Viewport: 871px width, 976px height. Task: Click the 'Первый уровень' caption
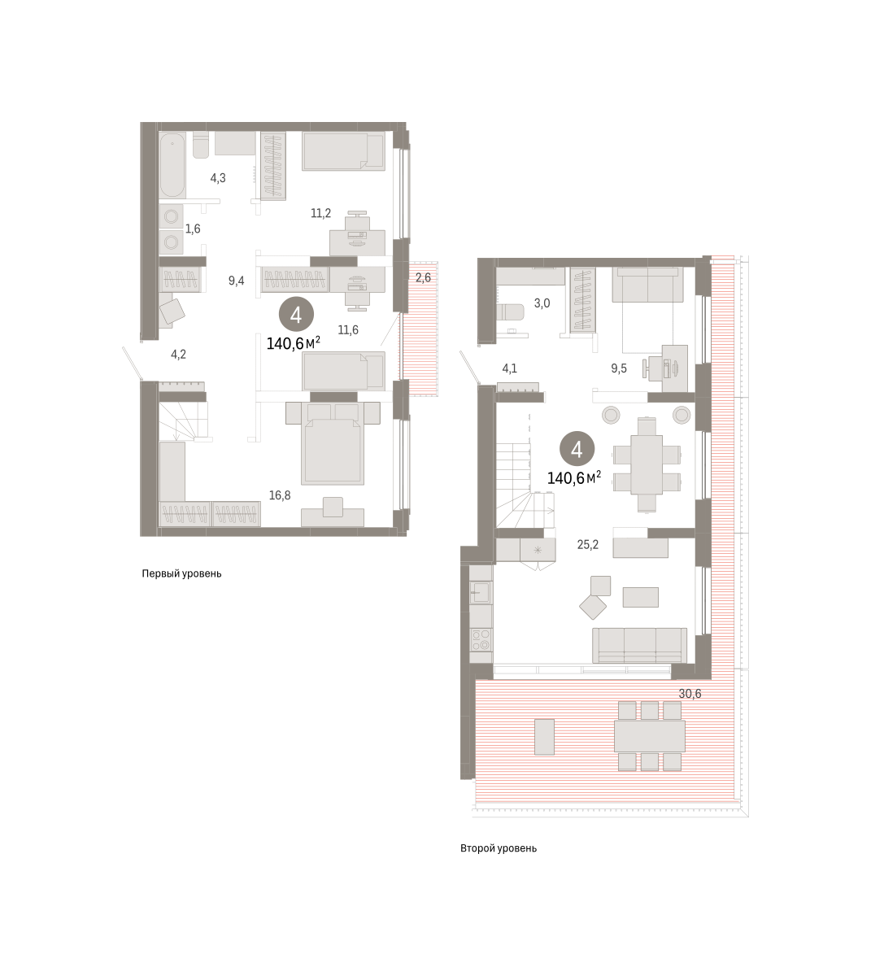[181, 573]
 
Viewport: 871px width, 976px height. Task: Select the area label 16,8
[280, 495]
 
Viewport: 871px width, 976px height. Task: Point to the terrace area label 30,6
[690, 694]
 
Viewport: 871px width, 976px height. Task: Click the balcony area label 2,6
[423, 277]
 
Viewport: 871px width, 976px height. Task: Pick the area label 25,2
[588, 544]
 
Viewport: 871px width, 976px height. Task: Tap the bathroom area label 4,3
[218, 178]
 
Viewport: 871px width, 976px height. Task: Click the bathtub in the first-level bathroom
[172, 165]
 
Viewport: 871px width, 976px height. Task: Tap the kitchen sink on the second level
[481, 592]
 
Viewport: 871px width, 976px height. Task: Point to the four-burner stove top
[481, 641]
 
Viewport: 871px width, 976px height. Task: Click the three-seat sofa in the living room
[639, 646]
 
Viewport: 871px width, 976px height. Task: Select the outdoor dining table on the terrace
[650, 736]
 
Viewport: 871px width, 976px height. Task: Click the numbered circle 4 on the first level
[296, 315]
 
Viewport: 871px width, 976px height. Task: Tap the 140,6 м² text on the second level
[574, 478]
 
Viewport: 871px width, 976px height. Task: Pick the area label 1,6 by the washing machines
[193, 229]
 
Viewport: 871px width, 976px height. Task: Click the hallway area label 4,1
[509, 368]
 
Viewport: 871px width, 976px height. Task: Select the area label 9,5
[619, 368]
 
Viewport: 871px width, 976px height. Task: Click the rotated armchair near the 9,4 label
[172, 312]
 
